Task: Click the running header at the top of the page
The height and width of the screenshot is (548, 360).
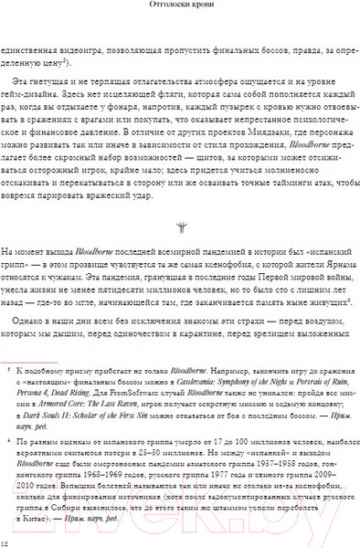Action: point(180,5)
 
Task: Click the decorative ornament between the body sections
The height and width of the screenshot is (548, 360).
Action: point(179,227)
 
